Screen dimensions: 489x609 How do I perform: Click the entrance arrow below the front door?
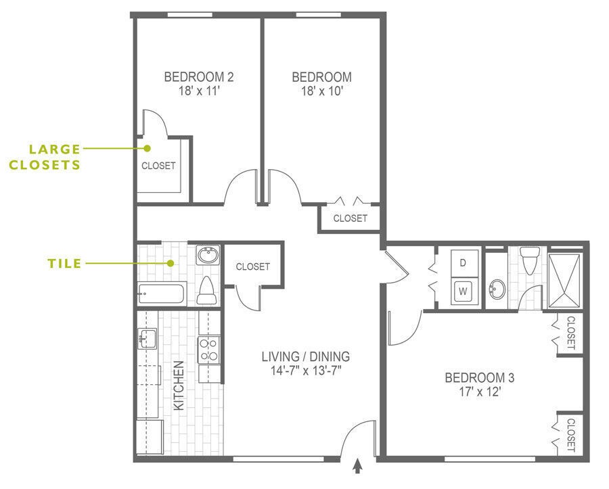[357, 467]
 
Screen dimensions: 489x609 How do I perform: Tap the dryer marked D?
[464, 262]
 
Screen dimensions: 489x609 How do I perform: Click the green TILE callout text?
[64, 263]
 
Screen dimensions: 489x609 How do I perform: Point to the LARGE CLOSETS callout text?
[54, 156]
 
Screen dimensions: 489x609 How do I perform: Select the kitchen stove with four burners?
[208, 350]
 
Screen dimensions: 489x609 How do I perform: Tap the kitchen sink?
[147, 338]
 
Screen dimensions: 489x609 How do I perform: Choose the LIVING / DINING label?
[307, 356]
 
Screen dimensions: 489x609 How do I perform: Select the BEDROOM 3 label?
[475, 377]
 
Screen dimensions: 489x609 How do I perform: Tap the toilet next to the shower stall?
[530, 260]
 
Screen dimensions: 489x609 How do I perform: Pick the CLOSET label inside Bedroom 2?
[158, 166]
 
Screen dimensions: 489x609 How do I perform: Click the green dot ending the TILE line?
[172, 263]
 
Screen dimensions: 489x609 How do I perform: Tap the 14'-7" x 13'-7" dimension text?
[307, 370]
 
